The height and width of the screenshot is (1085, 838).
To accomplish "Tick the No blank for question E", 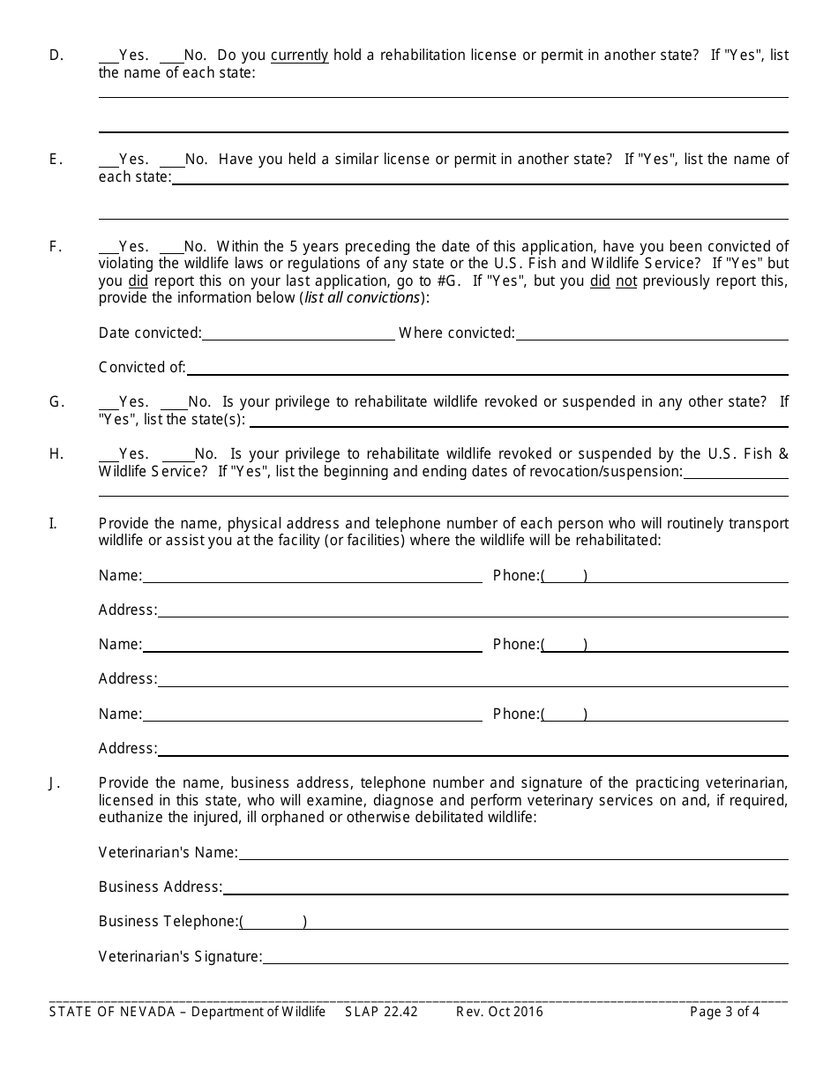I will click(172, 161).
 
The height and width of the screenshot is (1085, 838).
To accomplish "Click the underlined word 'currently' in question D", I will click(299, 56).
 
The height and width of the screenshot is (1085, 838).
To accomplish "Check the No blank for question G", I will click(175, 403).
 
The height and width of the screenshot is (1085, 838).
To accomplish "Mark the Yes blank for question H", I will click(108, 455).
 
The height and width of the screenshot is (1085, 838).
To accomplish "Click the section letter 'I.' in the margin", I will click(53, 523).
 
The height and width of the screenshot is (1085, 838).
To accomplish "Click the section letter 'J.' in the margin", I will click(55, 782).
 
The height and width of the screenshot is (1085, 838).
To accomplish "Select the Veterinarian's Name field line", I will click(513, 854).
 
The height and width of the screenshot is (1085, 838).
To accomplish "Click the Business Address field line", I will click(505, 888).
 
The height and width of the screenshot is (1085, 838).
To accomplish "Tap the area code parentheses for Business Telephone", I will click(273, 922).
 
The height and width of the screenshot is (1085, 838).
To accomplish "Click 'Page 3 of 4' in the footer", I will click(724, 1012).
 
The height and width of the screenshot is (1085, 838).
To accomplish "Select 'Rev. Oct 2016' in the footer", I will click(499, 1012).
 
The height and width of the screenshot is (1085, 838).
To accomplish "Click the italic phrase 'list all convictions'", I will click(362, 298).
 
